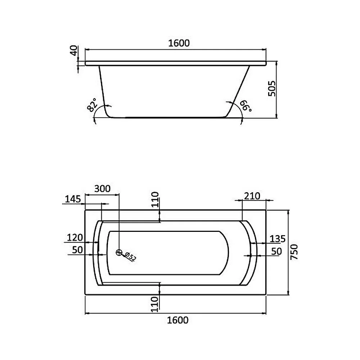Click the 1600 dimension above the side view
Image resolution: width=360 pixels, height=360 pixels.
pyautogui.click(x=179, y=43)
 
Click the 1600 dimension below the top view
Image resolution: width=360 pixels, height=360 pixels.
pyautogui.click(x=177, y=320)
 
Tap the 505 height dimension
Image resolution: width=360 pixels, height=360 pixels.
pyautogui.click(x=272, y=89)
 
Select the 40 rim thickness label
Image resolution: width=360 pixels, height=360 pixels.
pyautogui.click(x=74, y=50)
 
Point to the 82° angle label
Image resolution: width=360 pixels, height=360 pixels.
pyautogui.click(x=92, y=105)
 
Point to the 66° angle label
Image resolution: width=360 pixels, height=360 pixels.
pyautogui.click(x=246, y=106)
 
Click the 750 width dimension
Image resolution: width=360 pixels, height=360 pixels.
pyautogui.click(x=294, y=252)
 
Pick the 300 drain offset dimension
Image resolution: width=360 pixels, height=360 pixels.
pyautogui.click(x=102, y=189)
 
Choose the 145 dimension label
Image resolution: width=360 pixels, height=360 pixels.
pyautogui.click(x=73, y=199)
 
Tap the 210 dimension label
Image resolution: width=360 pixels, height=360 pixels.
pyautogui.click(x=252, y=196)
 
